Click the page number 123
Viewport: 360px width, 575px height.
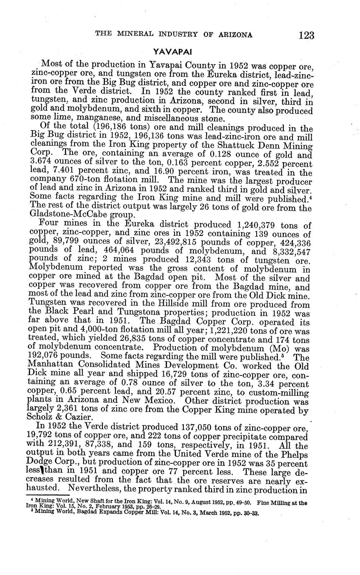pos(306,35)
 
